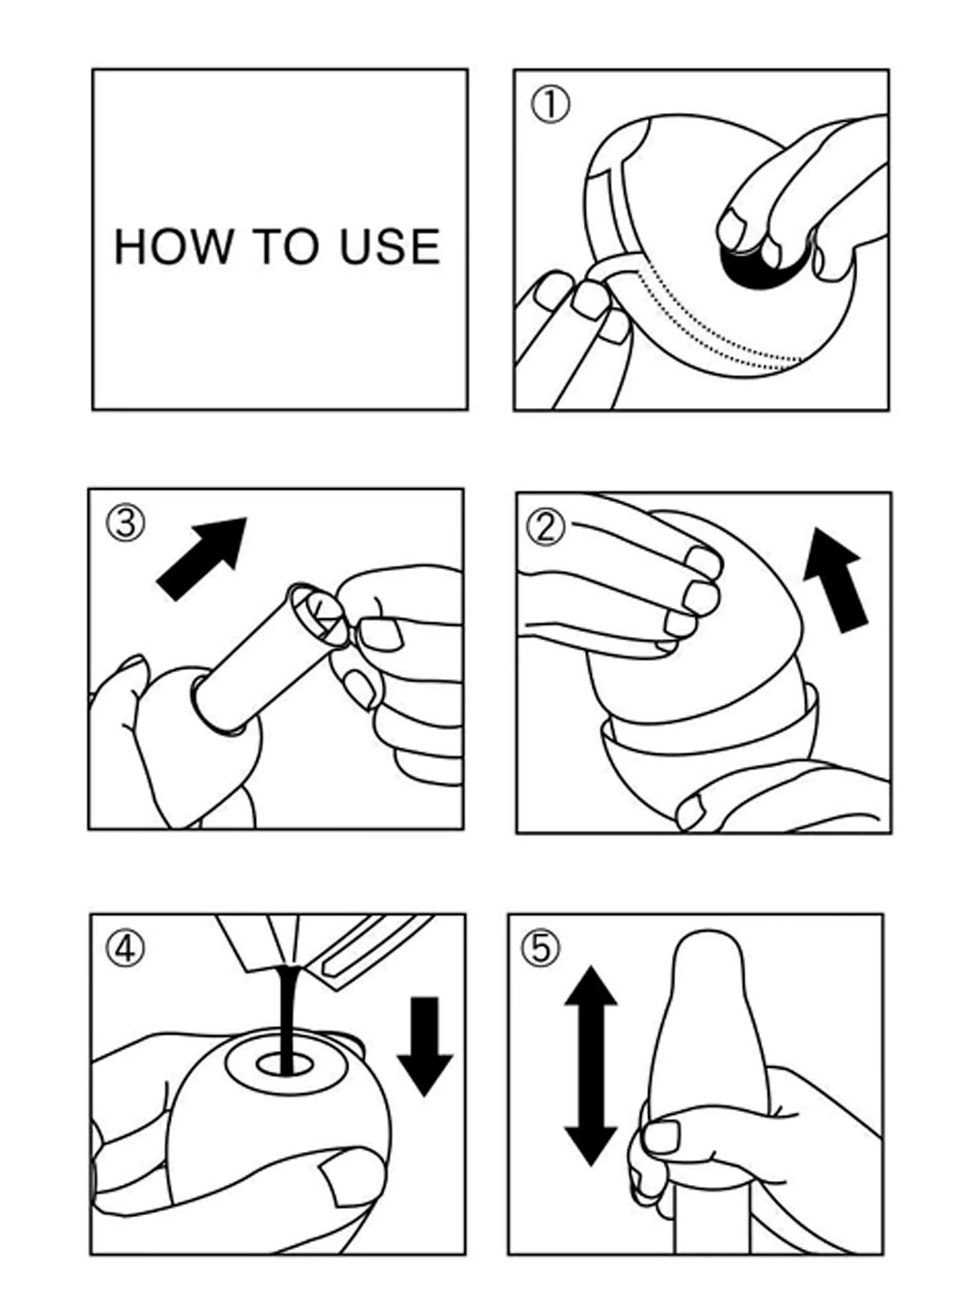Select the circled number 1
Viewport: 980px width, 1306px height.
pyautogui.click(x=550, y=106)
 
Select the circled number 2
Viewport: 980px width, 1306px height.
pyautogui.click(x=546, y=527)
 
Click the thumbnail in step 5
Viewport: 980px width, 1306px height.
pyautogui.click(x=662, y=1138)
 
